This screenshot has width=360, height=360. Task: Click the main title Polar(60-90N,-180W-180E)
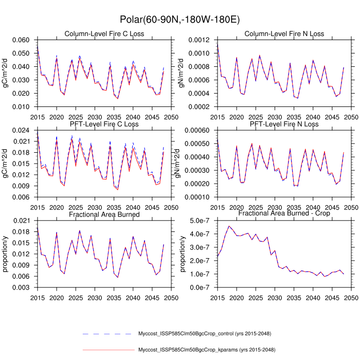point(179,20)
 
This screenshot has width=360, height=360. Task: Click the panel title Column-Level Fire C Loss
point(104,34)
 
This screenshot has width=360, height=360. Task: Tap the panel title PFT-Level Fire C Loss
point(104,124)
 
